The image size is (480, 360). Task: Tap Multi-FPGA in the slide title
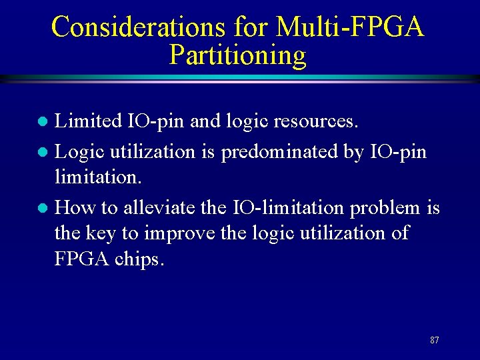click(350, 27)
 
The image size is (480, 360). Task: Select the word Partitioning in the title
click(238, 55)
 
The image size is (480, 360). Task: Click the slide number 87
click(435, 340)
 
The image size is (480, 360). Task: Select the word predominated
click(279, 152)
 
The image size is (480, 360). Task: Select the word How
click(75, 207)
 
